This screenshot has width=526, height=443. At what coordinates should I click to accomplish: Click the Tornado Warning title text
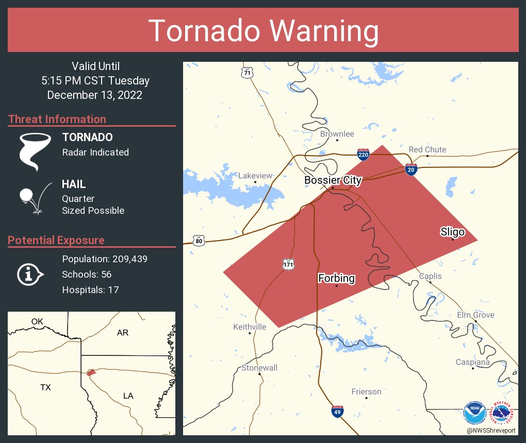click(263, 31)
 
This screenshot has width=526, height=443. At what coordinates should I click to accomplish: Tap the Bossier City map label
click(333, 180)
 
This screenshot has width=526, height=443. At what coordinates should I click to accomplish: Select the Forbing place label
click(336, 279)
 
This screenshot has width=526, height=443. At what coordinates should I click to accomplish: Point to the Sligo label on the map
click(452, 232)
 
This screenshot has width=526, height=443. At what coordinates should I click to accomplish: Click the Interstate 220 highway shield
click(363, 154)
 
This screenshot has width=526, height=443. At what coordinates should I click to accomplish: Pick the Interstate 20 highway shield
click(411, 170)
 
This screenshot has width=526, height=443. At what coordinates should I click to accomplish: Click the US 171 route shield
click(288, 264)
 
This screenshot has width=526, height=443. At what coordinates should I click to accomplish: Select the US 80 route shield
click(199, 241)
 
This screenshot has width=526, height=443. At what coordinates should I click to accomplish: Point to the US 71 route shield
click(248, 73)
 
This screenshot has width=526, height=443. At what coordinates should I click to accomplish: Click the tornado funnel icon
click(35, 151)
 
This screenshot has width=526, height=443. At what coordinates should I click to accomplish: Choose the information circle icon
click(29, 274)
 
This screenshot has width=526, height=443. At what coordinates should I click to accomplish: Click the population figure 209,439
click(126, 259)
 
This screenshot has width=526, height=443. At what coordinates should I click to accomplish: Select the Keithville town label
click(250, 327)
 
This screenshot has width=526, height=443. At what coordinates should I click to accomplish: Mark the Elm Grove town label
click(475, 315)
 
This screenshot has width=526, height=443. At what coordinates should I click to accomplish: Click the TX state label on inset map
click(45, 387)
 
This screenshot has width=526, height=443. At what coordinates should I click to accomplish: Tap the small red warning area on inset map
click(91, 372)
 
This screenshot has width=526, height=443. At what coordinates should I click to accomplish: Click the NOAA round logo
click(474, 413)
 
